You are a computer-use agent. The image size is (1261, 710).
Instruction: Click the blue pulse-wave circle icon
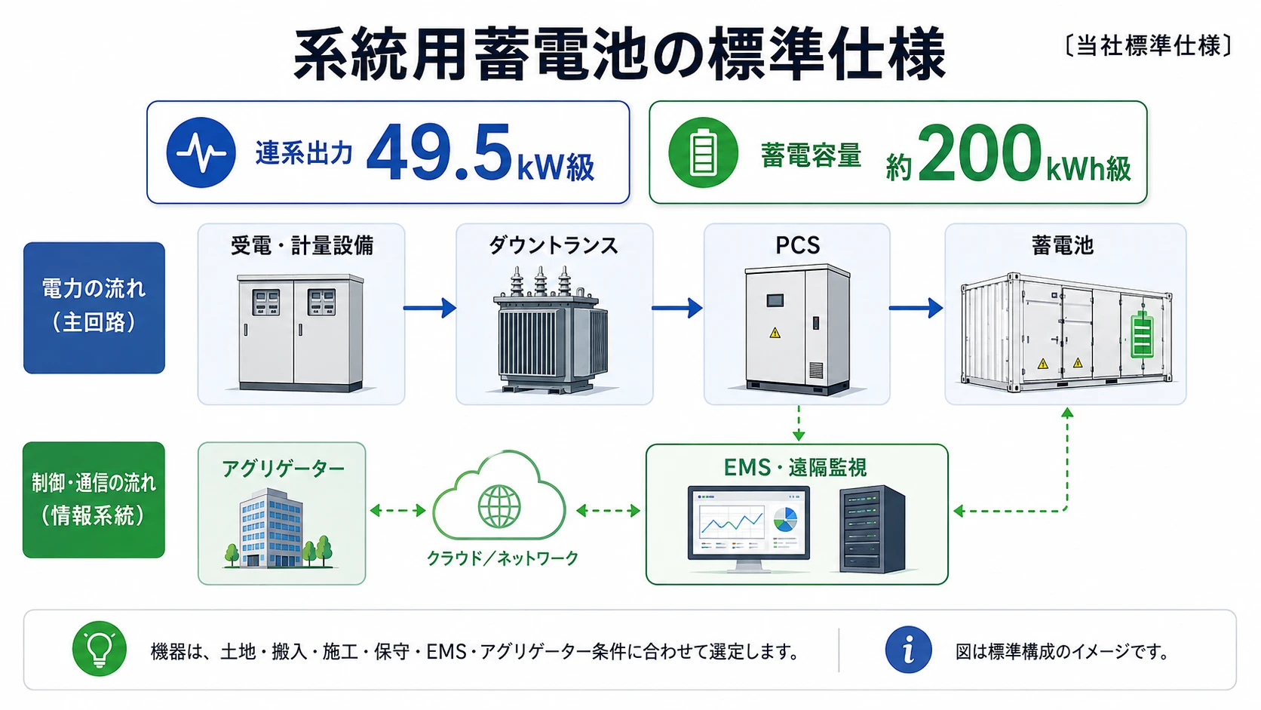[x=201, y=152]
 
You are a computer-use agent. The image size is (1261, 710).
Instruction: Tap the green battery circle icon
[x=703, y=152]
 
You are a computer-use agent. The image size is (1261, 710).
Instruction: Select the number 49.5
[x=439, y=153]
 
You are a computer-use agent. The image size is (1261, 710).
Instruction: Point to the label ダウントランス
[x=554, y=246]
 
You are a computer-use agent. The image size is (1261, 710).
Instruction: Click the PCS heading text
[x=798, y=245]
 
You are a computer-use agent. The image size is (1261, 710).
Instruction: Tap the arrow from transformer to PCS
[x=677, y=308]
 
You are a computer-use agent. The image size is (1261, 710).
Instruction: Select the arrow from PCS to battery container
[x=916, y=308]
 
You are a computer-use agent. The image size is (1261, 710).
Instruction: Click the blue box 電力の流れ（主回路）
[x=94, y=308]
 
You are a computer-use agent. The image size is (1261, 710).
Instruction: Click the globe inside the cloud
[x=499, y=507]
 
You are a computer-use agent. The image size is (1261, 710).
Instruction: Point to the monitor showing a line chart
[x=749, y=529]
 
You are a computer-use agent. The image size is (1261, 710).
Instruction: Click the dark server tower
[x=872, y=529]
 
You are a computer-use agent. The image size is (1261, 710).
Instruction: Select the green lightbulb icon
[x=99, y=649]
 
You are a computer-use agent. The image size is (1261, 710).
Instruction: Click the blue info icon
[x=908, y=650]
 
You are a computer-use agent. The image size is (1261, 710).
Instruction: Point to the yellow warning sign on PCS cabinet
[x=775, y=333]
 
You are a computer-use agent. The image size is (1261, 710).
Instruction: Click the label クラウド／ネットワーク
[x=502, y=558]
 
